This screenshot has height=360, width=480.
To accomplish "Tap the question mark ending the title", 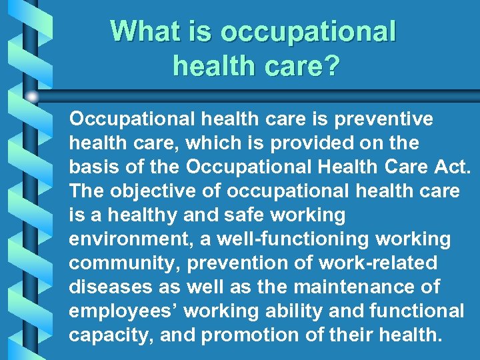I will click(331, 65).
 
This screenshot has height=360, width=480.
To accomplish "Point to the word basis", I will click(92, 167).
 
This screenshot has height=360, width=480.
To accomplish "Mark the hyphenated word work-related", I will click(377, 263).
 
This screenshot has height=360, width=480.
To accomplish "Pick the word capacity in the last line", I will click(111, 335).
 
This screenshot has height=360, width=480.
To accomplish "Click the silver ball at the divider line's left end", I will click(31, 97).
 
